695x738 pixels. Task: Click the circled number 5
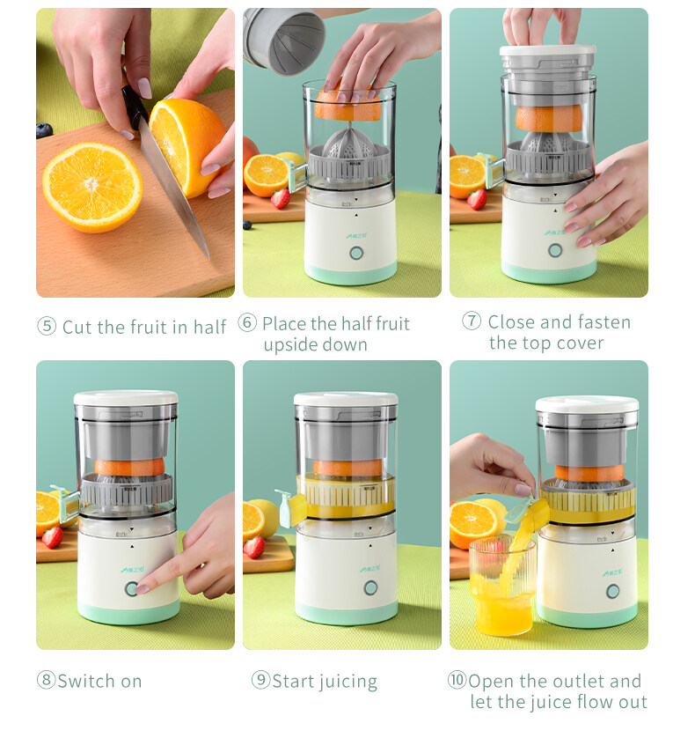pos(47,326)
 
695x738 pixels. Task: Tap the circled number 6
pos(247,322)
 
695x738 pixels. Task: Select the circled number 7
pos(472,321)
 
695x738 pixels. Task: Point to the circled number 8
pos(46,680)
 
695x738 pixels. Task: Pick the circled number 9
pos(261,680)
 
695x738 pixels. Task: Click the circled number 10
pos(457,680)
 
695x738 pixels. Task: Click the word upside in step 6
pos(290,345)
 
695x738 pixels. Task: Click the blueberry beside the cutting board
pos(44,130)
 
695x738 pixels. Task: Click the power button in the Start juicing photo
pos(370,587)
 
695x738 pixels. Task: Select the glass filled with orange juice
pos(502,586)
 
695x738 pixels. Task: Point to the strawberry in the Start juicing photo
pos(255,547)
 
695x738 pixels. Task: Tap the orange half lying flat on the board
pos(92,187)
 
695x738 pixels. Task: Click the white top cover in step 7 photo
pos(548,49)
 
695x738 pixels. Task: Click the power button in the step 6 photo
pos(356,254)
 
